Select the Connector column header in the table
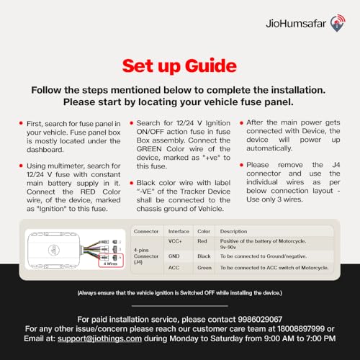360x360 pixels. click(146, 231)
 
